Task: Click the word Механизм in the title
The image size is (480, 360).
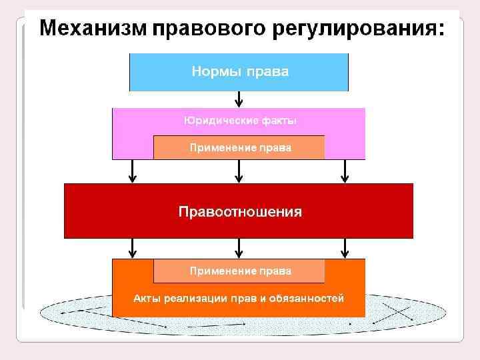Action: click(93, 29)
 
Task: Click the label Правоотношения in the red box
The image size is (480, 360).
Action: click(240, 212)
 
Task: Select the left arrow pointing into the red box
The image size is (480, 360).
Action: click(133, 171)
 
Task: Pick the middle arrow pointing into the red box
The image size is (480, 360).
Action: click(239, 171)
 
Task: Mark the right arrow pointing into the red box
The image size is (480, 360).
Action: click(345, 171)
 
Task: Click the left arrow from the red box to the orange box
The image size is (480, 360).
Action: click(133, 249)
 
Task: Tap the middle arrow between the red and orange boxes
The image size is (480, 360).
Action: click(239, 249)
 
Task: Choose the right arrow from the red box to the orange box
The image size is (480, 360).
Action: click(345, 249)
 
